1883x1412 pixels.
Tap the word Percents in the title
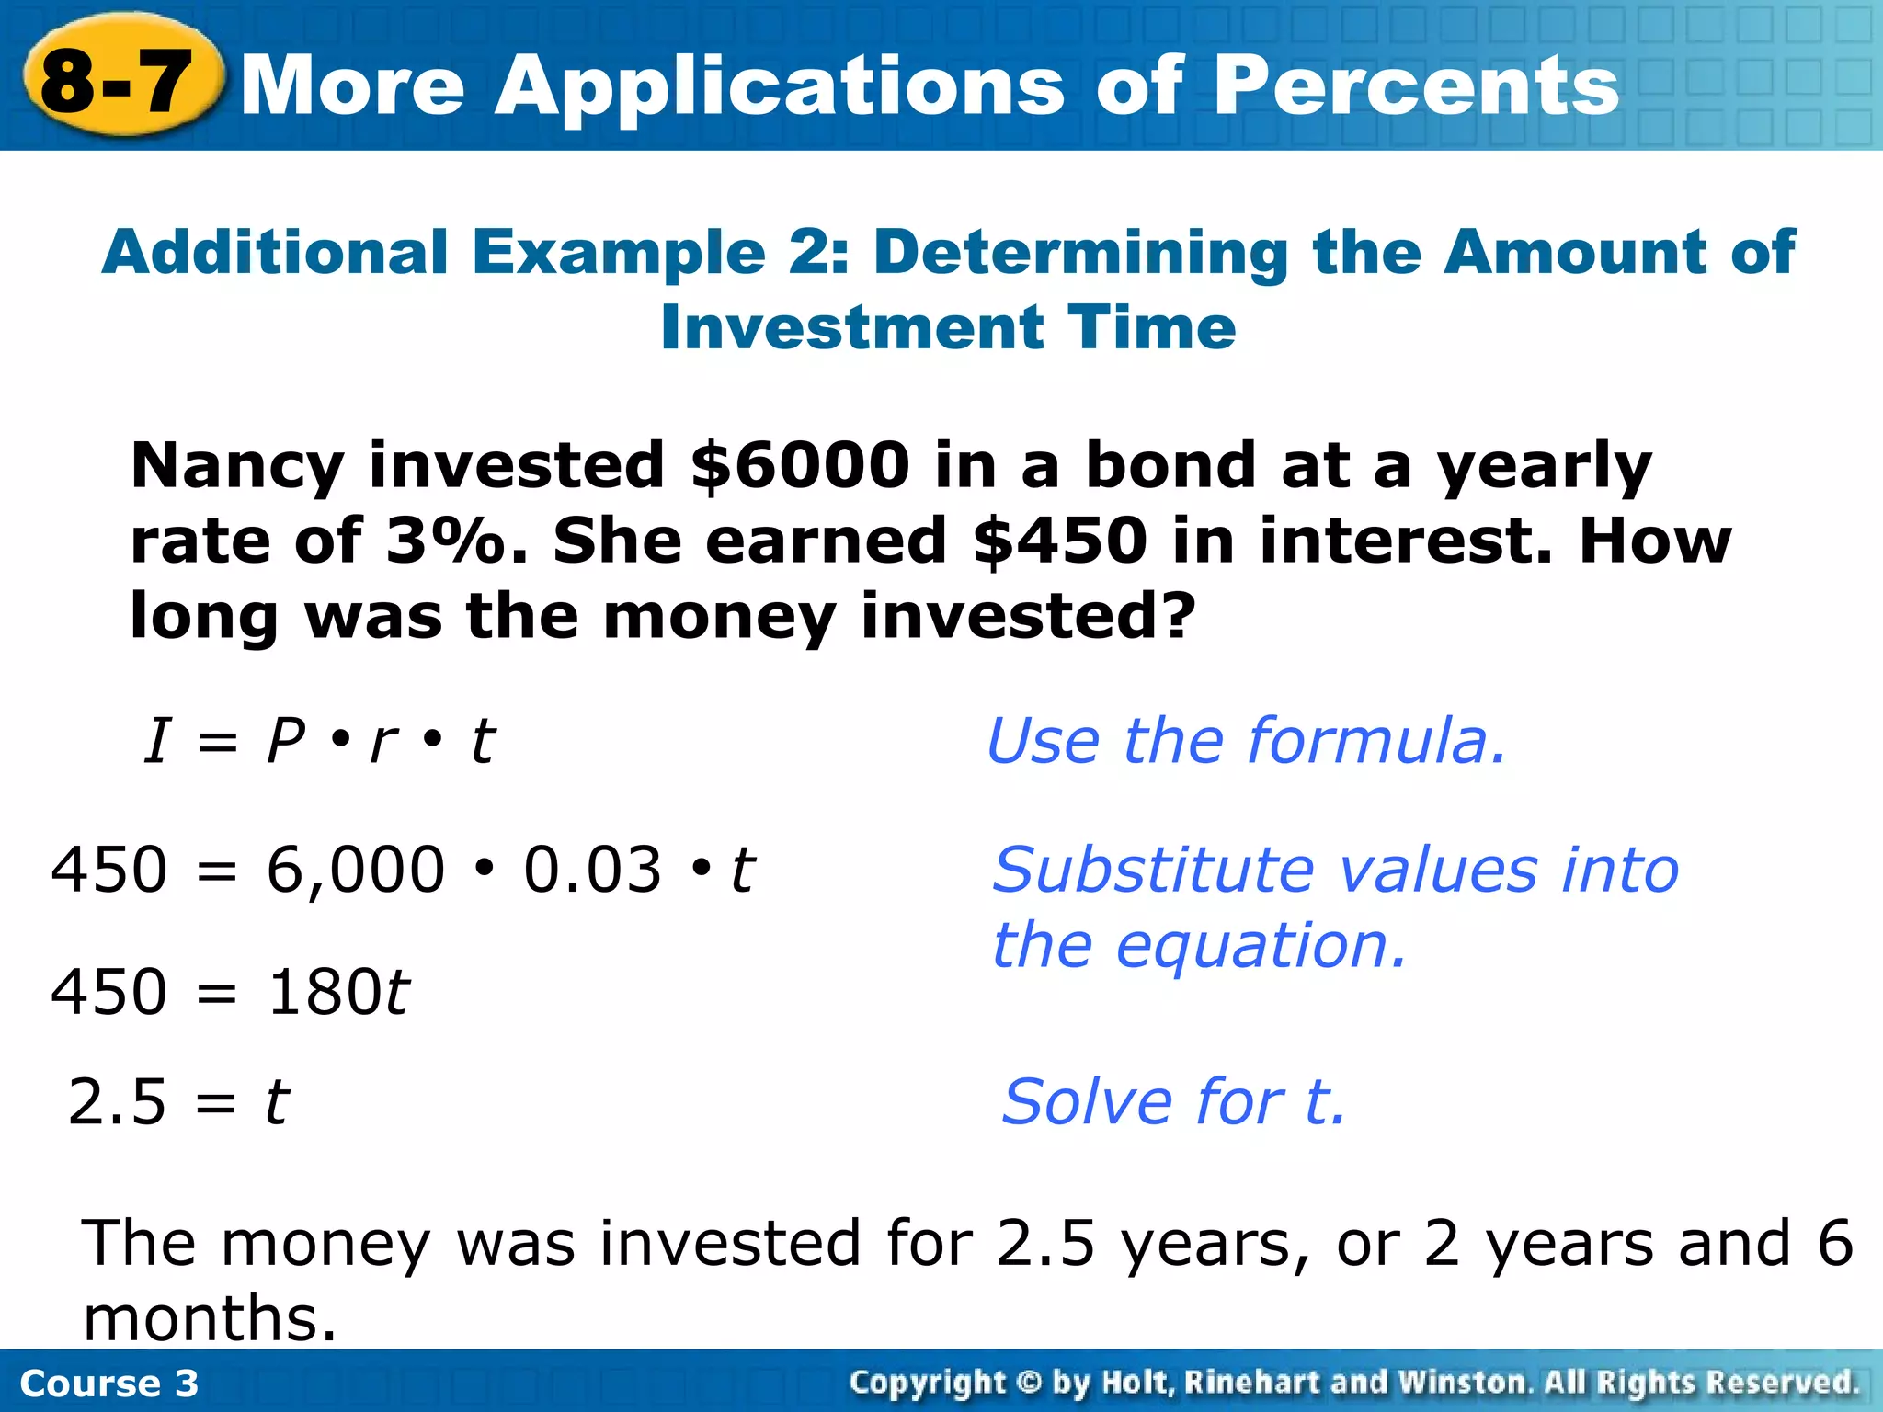(x=1416, y=85)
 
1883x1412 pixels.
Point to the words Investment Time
(x=948, y=327)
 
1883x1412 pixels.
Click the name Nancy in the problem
(x=236, y=467)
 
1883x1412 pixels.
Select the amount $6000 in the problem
(x=799, y=465)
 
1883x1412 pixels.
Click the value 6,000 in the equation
(x=355, y=870)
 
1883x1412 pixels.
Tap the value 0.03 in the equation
(x=592, y=870)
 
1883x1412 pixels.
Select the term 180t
(x=338, y=993)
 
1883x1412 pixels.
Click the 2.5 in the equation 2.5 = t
(x=117, y=1101)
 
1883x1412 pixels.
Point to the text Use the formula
(x=1246, y=741)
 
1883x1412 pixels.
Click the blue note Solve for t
(x=1173, y=1101)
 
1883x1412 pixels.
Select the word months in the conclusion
(x=210, y=1318)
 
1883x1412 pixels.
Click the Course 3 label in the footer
(x=108, y=1384)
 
